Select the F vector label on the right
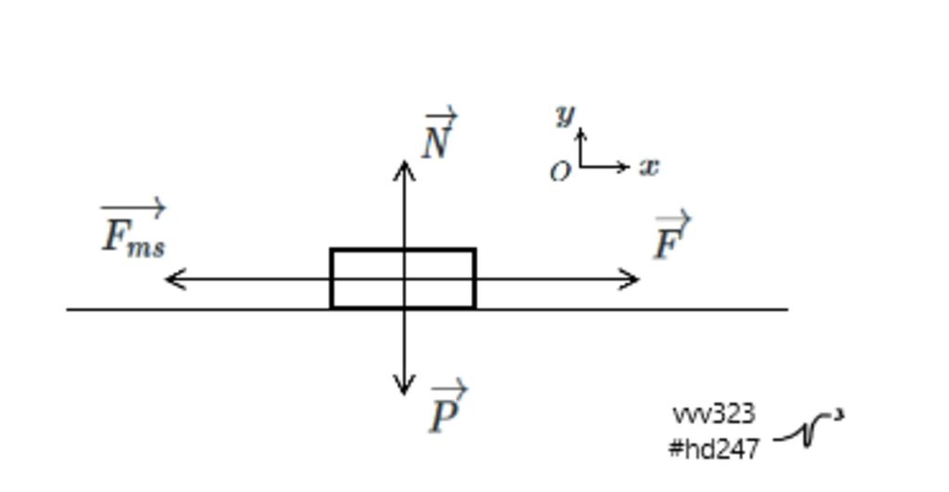coord(672,235)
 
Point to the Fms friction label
coord(133,228)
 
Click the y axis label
coord(565,114)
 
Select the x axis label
coord(650,167)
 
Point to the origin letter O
coord(560,171)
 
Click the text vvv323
coord(715,414)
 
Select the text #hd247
coord(715,449)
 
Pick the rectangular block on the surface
coord(403,248)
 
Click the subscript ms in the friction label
coord(146,246)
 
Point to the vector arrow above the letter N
coord(441,114)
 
